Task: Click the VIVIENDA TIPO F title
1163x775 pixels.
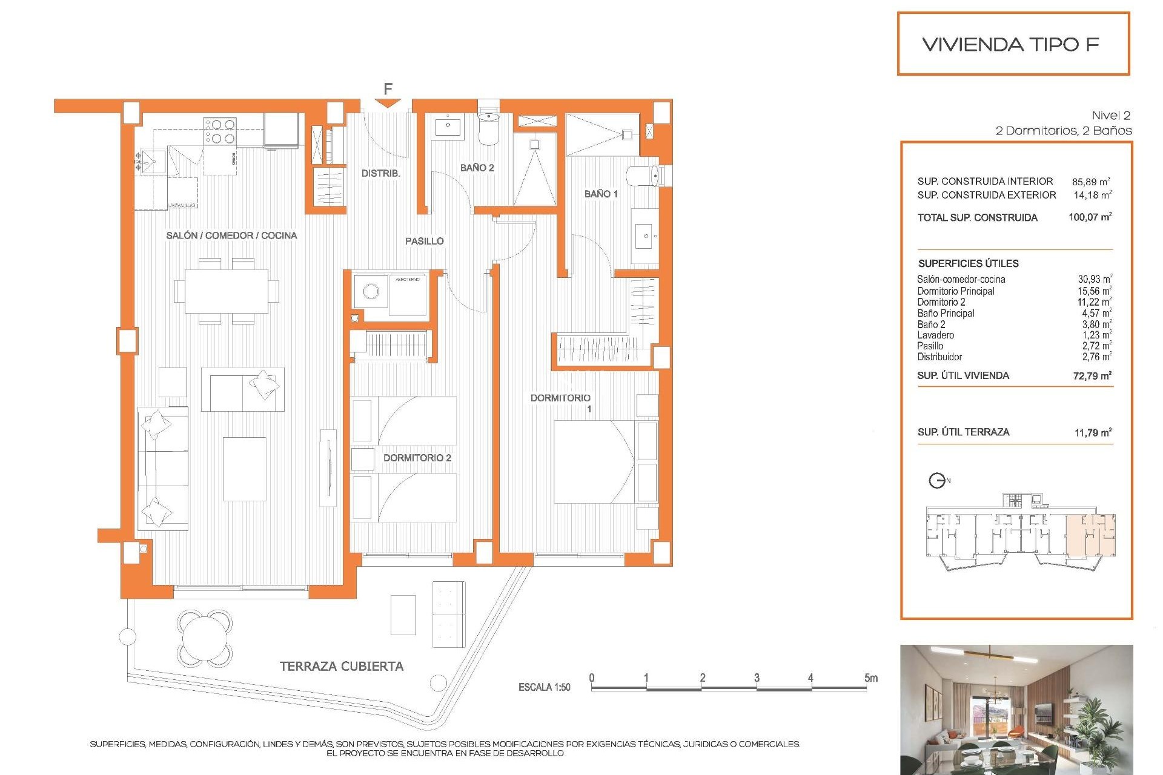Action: click(1010, 44)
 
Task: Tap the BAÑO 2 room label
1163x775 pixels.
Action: click(477, 168)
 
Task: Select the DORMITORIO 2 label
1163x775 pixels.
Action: click(417, 458)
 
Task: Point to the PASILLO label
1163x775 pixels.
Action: click(424, 241)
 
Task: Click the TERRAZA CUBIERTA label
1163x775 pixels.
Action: click(341, 666)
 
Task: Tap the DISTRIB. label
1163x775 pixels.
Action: click(380, 173)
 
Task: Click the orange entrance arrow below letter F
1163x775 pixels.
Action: click(387, 104)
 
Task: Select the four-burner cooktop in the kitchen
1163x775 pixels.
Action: click(219, 131)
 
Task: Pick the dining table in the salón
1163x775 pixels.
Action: click(227, 291)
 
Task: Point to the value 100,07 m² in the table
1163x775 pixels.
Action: click(1090, 217)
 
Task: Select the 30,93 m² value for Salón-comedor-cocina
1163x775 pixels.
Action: click(1094, 279)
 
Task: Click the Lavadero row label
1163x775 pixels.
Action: click(935, 335)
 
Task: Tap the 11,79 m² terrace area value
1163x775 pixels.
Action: click(1092, 432)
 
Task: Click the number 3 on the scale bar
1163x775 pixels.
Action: click(757, 678)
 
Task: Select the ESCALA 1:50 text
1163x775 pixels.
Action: click(544, 687)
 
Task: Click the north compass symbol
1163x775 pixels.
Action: click(937, 481)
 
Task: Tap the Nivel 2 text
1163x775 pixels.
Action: click(1110, 115)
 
